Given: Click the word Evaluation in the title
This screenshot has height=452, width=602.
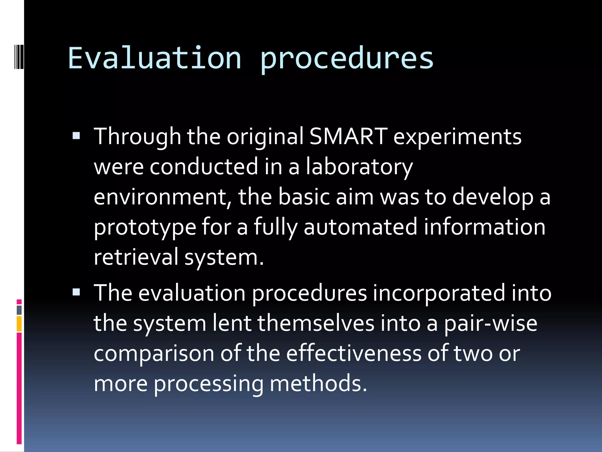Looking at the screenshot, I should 155,58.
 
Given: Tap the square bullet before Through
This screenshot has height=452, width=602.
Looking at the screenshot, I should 76,136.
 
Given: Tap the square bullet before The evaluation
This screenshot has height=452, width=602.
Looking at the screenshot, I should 76,292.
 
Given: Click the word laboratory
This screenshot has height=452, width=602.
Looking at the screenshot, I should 359,167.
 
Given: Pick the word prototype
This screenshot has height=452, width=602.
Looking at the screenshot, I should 145,227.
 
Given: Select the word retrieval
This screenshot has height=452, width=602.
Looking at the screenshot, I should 136,257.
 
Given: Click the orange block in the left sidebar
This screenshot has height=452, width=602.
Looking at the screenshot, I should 19,324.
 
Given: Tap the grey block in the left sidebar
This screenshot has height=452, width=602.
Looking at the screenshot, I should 19,310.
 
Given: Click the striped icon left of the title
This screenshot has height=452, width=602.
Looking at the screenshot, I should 19,53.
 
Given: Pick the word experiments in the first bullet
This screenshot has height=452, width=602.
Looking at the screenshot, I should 457,137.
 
